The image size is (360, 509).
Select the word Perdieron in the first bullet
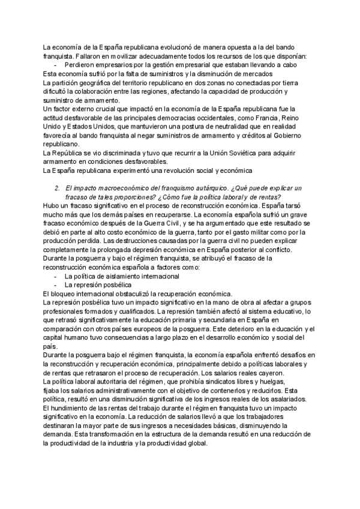click(80, 65)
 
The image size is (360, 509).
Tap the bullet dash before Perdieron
click(56, 65)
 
